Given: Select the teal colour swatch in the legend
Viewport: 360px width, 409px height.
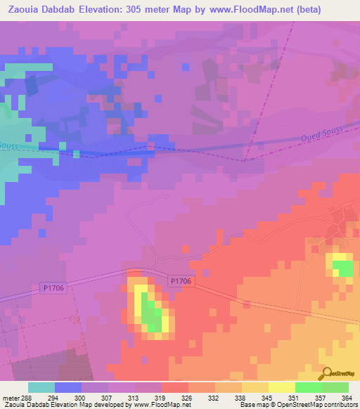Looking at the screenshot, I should pos(41,387).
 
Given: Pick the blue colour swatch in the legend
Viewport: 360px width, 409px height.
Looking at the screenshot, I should pos(68,387).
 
